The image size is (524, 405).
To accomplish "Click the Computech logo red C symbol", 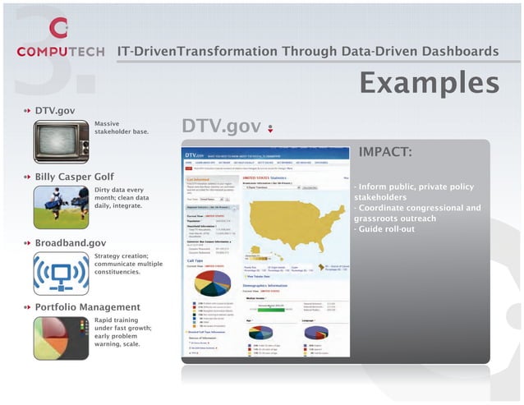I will coord(57,29).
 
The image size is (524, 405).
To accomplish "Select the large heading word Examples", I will coord(429,82).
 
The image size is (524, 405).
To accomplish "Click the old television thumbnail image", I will coord(61,142).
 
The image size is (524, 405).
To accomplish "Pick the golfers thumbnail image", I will coord(61,207).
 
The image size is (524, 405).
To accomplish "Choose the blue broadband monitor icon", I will coord(61,273).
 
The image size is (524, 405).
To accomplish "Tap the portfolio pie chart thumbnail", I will coord(61,338).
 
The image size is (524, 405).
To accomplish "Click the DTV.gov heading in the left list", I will coord(56,110).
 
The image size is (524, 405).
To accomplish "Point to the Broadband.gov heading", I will coord(70,243).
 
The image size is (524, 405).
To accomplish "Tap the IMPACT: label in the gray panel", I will coord(385,152).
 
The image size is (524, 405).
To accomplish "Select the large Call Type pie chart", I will coord(212,283).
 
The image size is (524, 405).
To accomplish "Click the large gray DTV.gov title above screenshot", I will coord(221,127).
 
